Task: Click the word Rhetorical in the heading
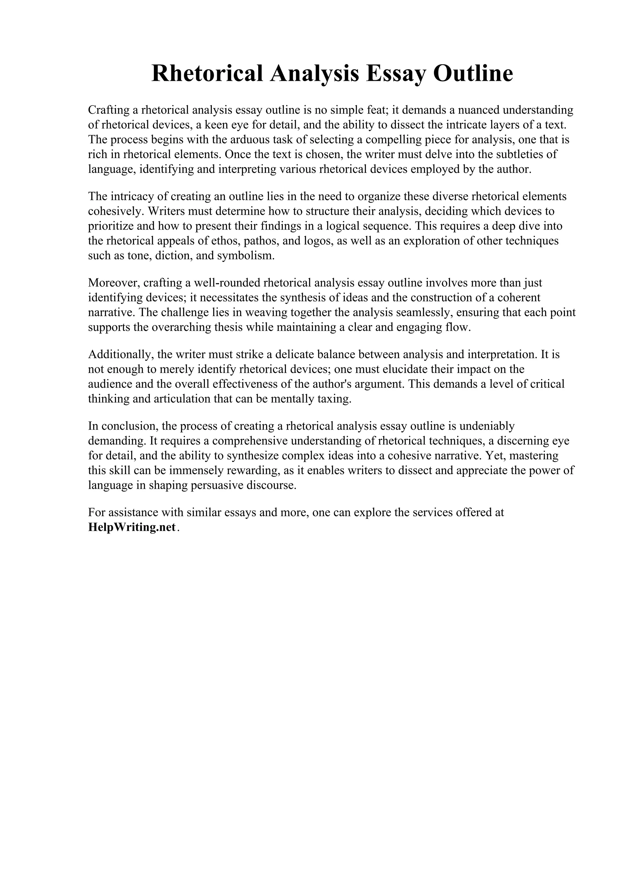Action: coord(208,74)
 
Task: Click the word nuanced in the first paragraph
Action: coord(478,110)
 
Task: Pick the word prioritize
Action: coord(111,226)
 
